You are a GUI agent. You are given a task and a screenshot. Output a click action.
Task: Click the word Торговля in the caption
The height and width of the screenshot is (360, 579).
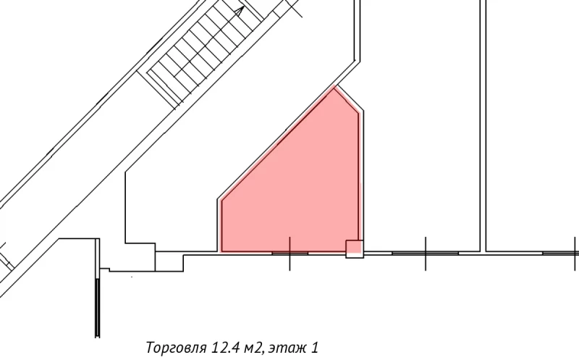[176, 347]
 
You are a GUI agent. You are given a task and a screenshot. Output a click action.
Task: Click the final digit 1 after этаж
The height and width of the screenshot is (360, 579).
[316, 347]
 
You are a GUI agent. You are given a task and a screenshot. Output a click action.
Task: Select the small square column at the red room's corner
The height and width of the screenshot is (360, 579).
[354, 248]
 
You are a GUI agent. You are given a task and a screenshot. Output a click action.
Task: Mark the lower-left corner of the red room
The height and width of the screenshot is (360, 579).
[220, 251]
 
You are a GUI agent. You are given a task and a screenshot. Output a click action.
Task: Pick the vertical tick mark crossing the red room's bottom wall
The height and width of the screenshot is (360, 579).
[290, 253]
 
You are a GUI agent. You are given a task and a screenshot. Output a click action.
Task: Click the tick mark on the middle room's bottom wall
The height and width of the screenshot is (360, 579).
[425, 253]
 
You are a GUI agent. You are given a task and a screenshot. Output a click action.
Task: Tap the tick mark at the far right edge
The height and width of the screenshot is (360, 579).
[572, 253]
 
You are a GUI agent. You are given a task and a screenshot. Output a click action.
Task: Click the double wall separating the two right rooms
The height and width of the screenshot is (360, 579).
[483, 123]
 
